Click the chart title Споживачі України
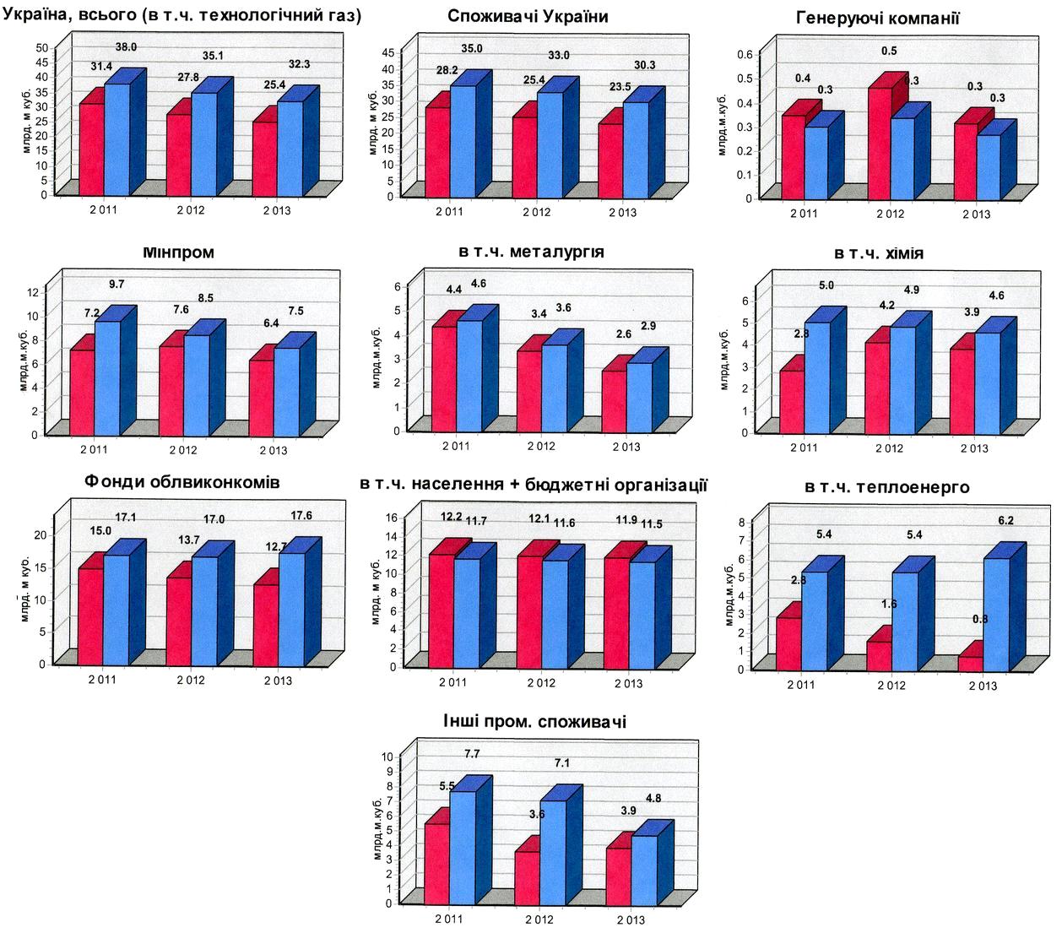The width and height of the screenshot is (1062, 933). (528, 17)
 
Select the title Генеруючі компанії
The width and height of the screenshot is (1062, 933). (878, 19)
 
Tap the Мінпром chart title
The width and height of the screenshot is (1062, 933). (178, 252)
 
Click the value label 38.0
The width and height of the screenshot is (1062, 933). (126, 48)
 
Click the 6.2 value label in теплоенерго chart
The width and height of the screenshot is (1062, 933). (1007, 522)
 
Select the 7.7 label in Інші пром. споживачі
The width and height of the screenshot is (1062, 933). (472, 753)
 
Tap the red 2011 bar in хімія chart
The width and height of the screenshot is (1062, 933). (791, 401)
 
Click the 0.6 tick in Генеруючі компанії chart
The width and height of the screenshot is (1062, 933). (744, 54)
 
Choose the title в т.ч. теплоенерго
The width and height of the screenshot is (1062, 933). (886, 487)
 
